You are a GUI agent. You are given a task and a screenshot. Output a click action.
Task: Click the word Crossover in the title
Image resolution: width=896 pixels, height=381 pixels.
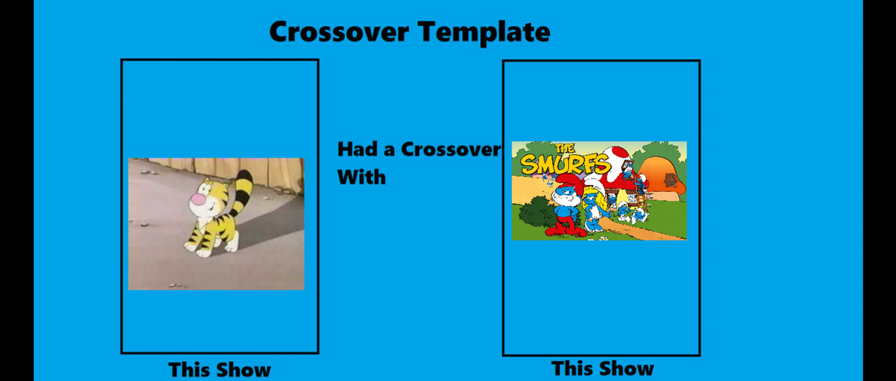(339, 32)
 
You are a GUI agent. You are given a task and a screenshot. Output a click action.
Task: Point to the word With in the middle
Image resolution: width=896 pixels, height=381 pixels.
(361, 177)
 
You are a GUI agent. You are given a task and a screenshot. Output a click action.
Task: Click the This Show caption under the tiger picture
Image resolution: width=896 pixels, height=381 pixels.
(219, 369)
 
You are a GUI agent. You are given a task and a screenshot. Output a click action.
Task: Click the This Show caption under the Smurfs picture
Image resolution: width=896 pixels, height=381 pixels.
(602, 368)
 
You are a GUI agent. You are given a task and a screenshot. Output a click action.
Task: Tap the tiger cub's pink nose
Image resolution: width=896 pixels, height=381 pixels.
(197, 199)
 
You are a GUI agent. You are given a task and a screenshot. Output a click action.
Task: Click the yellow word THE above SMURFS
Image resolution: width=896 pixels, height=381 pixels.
(565, 148)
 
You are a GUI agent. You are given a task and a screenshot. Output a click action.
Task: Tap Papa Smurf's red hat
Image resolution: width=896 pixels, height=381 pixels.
(570, 183)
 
